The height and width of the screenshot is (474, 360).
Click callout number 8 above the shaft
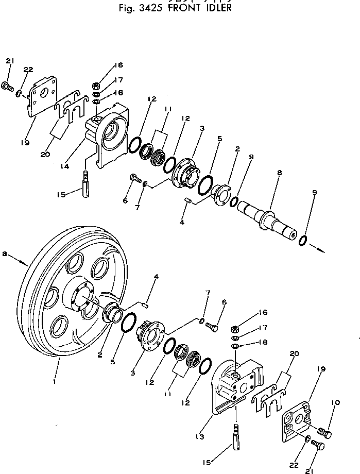279,174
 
